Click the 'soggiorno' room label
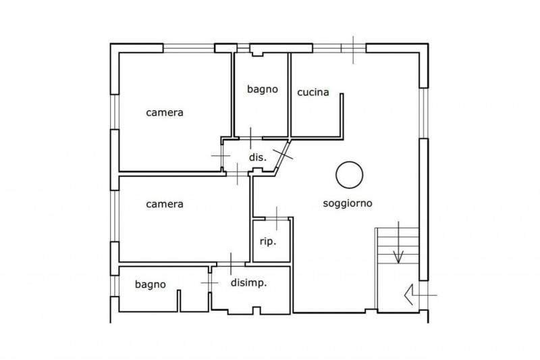[348, 203]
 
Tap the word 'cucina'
[313, 93]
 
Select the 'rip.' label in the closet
[268, 242]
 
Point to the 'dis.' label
[258, 157]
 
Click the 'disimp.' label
[248, 283]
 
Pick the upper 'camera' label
[165, 113]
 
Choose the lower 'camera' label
[165, 204]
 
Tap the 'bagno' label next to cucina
[263, 89]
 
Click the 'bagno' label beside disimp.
[150, 284]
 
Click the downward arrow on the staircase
[398, 242]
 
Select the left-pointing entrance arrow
[421, 295]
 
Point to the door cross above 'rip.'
[277, 218]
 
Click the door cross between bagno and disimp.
[209, 283]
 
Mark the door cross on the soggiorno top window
[353, 50]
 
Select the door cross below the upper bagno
[250, 138]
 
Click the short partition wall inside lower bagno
[179, 301]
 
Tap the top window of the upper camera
[189, 48]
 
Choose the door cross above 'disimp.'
[231, 264]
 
